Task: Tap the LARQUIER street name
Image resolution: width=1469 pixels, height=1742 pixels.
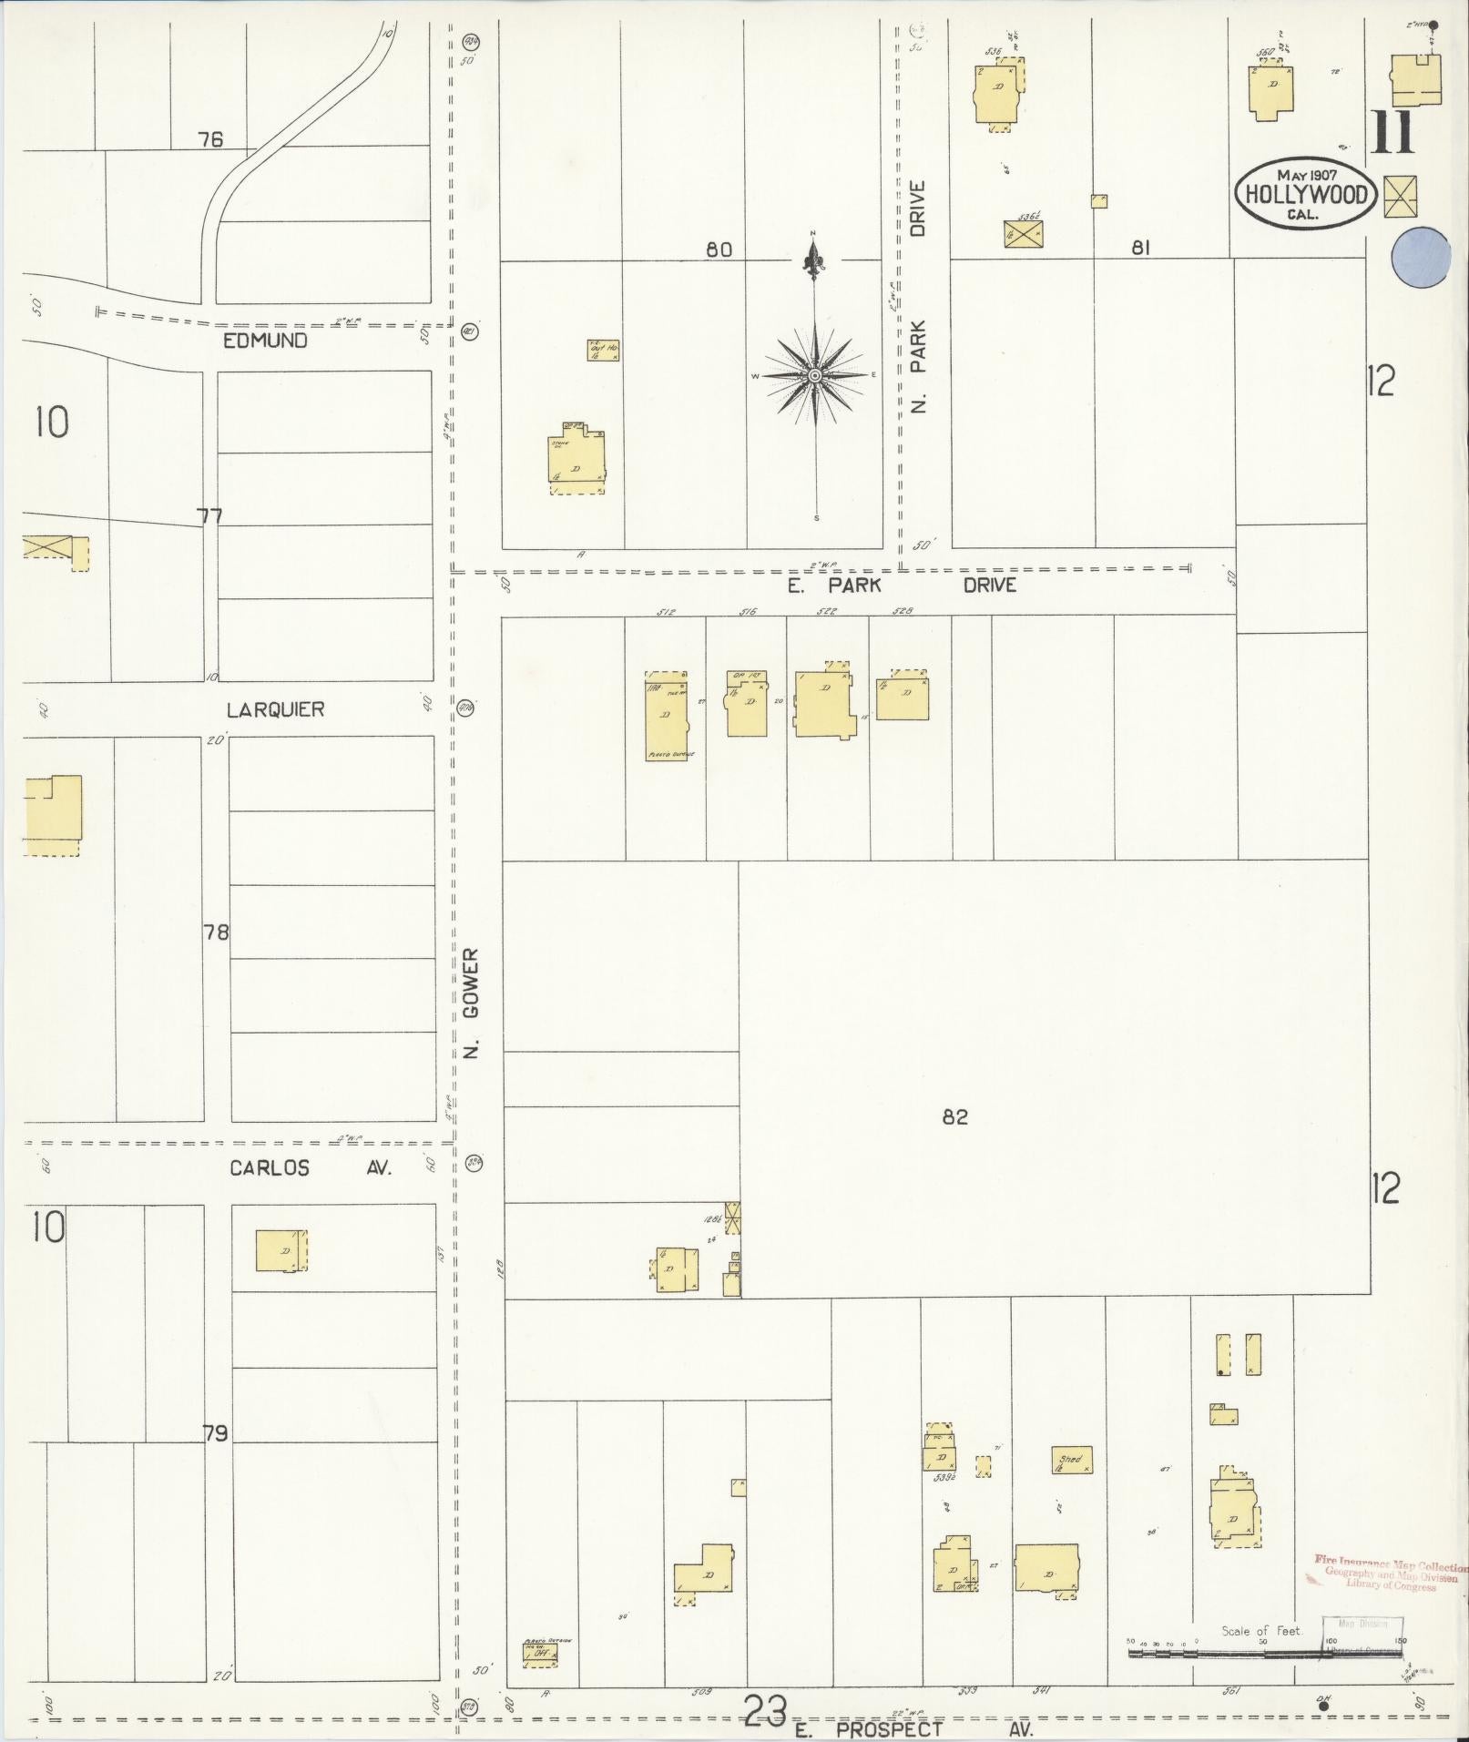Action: point(275,709)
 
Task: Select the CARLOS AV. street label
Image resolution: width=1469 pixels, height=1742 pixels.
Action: point(310,1167)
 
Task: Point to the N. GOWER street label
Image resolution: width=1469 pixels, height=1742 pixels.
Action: point(471,1003)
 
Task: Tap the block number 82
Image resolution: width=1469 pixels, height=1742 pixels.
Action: point(954,1116)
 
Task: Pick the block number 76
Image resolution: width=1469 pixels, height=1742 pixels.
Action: point(210,140)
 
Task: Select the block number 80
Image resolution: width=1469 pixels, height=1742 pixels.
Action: point(719,249)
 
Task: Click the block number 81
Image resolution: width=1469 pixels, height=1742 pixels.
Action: point(1139,247)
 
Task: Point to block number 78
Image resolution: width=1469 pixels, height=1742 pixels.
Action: point(217,932)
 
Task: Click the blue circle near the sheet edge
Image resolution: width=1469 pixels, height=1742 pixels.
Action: point(1420,258)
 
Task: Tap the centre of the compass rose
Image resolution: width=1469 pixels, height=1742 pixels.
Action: point(815,375)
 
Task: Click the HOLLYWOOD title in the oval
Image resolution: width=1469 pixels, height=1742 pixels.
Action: point(1306,194)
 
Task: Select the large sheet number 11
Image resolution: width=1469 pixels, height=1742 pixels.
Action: point(1392,132)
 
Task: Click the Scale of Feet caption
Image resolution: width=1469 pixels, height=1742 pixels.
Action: point(1261,1631)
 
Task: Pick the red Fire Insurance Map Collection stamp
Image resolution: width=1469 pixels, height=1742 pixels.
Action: point(1388,1574)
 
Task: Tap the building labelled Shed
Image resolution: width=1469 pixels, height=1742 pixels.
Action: point(1072,1460)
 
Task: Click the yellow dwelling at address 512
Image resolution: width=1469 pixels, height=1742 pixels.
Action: point(667,717)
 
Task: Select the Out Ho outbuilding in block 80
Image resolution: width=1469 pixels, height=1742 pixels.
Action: point(603,351)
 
